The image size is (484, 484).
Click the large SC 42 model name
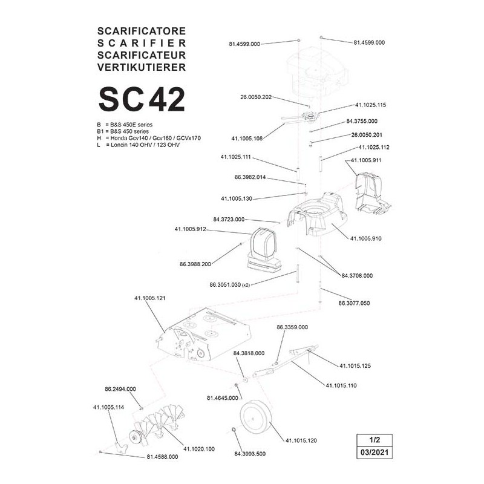coord(142,99)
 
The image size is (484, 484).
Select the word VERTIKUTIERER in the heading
coord(142,67)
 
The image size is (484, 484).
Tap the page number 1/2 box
coord(374,440)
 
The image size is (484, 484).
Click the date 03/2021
coord(374,453)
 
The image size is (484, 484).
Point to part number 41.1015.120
coord(301,440)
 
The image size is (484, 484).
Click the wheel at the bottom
coord(257,418)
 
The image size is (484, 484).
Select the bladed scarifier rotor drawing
coord(156,423)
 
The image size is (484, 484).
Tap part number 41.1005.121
coord(149,298)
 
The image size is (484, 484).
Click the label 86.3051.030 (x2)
coord(230,285)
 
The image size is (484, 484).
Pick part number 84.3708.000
coord(357,276)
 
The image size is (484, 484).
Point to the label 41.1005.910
coord(366,238)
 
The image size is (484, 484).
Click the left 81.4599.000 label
coord(244,44)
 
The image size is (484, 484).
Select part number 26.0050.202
coord(256,97)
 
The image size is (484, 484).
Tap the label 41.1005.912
coord(190,229)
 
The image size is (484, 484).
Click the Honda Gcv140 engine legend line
coord(149,138)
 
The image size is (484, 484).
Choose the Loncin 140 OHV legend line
coord(138,145)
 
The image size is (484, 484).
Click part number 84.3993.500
coord(250,454)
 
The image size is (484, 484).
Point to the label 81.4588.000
coord(162,457)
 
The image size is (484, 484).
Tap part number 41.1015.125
coord(355,366)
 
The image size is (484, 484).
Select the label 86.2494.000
coord(120,389)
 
